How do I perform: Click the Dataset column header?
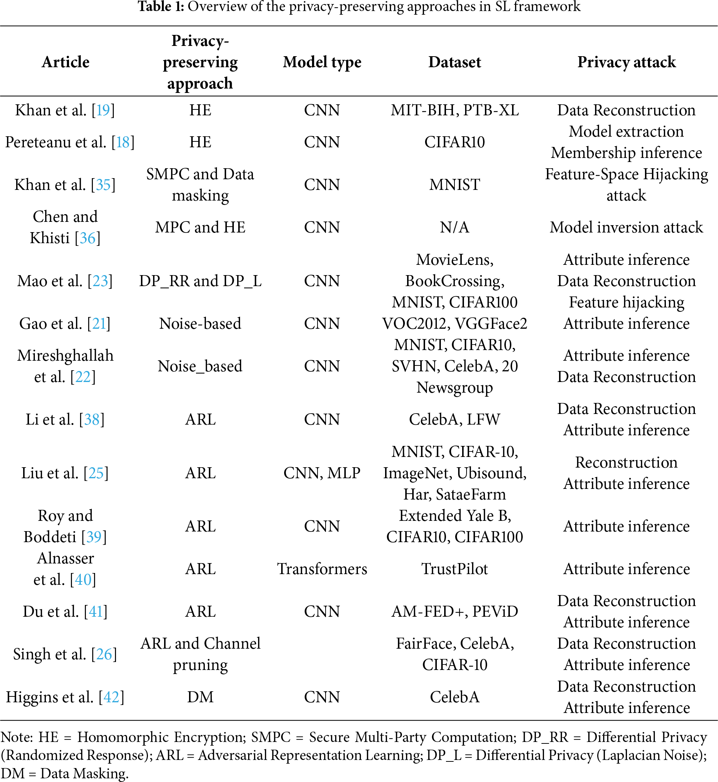coord(454,62)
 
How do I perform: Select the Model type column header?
coord(322,62)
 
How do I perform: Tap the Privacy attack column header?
coord(626,62)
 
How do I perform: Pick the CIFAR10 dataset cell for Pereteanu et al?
coord(454,142)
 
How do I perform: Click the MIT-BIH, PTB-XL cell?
coord(454,111)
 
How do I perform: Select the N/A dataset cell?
coord(454,227)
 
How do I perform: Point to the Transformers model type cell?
coord(322,569)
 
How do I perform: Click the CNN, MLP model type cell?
coord(322,473)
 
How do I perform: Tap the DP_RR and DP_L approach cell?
coord(200,281)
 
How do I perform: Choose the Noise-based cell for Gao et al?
coord(200,324)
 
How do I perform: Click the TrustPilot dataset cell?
coord(454,569)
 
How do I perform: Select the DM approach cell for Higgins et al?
coord(200,697)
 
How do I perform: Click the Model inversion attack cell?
coord(626,227)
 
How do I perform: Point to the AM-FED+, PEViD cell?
coord(454,612)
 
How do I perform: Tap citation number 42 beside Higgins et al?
coord(112,697)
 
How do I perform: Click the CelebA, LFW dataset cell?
coord(454,419)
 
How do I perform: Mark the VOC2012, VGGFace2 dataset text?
coord(454,324)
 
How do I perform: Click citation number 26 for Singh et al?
coord(104,655)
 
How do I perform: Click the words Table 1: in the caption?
coord(160,7)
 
